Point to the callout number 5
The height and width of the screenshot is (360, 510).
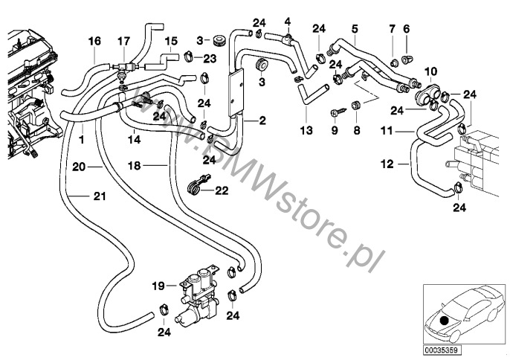coord(355,29)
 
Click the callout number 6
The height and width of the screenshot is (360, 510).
coord(406,28)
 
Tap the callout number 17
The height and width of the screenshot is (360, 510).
coord(123,40)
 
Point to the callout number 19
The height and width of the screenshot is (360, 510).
coord(158,284)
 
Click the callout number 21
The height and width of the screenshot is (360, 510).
coord(100,196)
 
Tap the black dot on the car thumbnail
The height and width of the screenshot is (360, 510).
coord(444,321)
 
